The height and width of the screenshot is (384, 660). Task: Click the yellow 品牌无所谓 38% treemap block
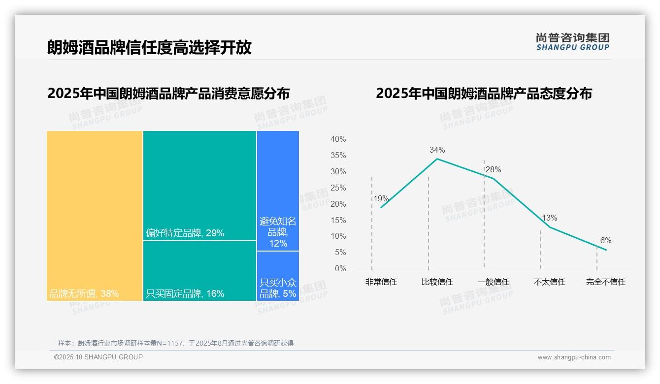point(95,215)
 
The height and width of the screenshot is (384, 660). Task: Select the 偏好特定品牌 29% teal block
point(199,185)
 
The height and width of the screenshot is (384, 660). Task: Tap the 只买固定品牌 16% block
point(199,271)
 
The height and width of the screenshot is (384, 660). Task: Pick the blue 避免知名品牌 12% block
point(278,191)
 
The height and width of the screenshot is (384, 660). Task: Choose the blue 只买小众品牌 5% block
point(278,276)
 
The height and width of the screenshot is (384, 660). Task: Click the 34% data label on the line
point(437,150)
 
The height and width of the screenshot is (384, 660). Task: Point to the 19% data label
point(381,199)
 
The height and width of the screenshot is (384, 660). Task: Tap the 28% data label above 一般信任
point(493,169)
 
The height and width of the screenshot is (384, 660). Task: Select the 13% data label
point(549,218)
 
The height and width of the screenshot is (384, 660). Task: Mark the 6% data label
point(605,240)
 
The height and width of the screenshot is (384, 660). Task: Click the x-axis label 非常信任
point(381,282)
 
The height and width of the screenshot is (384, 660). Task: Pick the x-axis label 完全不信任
point(605,282)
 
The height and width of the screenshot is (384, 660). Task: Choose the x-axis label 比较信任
point(437,282)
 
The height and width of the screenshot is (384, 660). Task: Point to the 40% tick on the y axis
point(338,139)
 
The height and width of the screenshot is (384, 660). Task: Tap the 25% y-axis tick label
point(338,188)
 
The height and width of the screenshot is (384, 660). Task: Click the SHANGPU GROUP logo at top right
point(572,42)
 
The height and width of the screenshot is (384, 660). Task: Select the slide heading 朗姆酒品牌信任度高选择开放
point(149,47)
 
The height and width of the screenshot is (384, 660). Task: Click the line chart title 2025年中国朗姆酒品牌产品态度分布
point(484,94)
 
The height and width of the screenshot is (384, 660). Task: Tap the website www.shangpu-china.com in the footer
point(574,357)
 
